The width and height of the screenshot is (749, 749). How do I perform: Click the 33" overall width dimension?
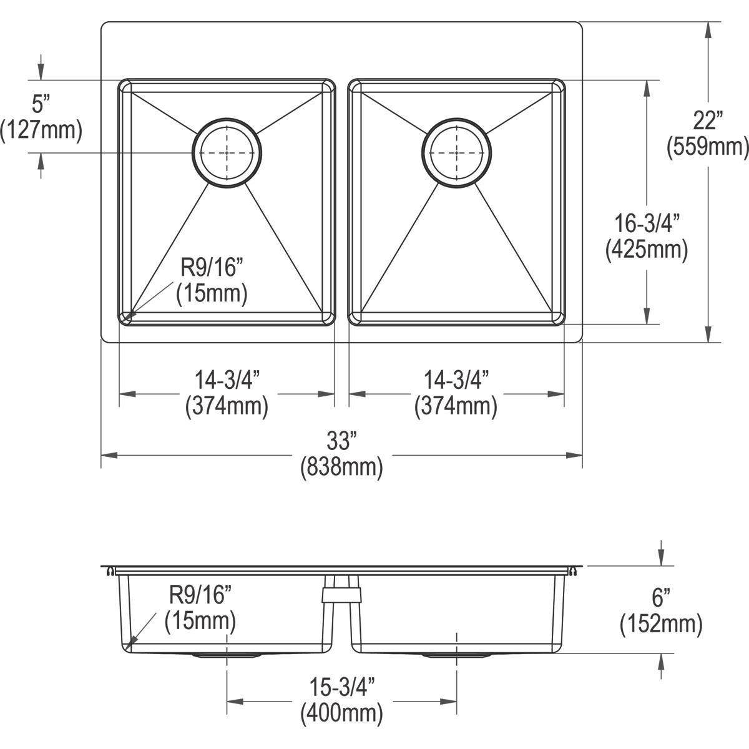[x=341, y=442]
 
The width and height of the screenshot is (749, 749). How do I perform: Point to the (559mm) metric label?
[x=707, y=147]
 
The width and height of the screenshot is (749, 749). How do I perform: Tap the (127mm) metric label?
[x=41, y=130]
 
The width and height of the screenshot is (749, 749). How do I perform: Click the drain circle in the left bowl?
[x=227, y=152]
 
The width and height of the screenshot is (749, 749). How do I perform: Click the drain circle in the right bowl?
[x=457, y=152]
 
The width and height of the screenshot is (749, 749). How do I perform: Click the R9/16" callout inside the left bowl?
[x=212, y=268]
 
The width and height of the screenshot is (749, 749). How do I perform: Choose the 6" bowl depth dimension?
[x=660, y=597]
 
